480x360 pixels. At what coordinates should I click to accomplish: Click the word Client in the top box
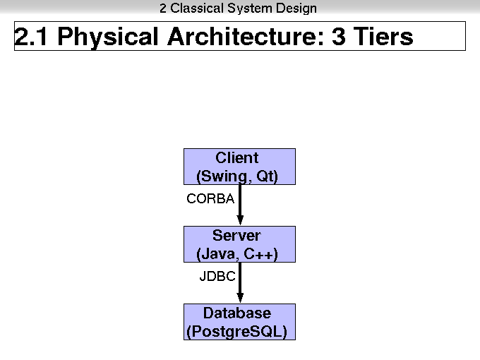[x=237, y=158]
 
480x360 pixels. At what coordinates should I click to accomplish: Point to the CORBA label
[x=210, y=198]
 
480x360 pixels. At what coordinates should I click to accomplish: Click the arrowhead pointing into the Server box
[x=240, y=220]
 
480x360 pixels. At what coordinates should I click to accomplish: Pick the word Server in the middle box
[x=236, y=235]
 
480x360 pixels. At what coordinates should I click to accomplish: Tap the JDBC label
[x=217, y=276]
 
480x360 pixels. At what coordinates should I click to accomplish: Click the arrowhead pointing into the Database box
[x=240, y=298]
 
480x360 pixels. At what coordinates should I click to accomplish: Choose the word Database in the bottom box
[x=237, y=313]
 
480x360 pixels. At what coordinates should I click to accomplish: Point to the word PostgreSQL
[x=236, y=332]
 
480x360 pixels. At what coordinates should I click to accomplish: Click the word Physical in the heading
[x=108, y=37]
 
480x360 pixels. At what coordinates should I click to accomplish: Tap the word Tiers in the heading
[x=383, y=36]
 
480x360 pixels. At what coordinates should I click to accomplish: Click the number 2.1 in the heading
[x=31, y=37]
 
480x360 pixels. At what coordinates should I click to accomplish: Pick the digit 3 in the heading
[x=339, y=37]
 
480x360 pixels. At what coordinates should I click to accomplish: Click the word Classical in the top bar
[x=197, y=8]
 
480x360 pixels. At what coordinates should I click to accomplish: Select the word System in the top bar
[x=250, y=8]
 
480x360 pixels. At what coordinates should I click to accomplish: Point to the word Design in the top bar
[x=296, y=8]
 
